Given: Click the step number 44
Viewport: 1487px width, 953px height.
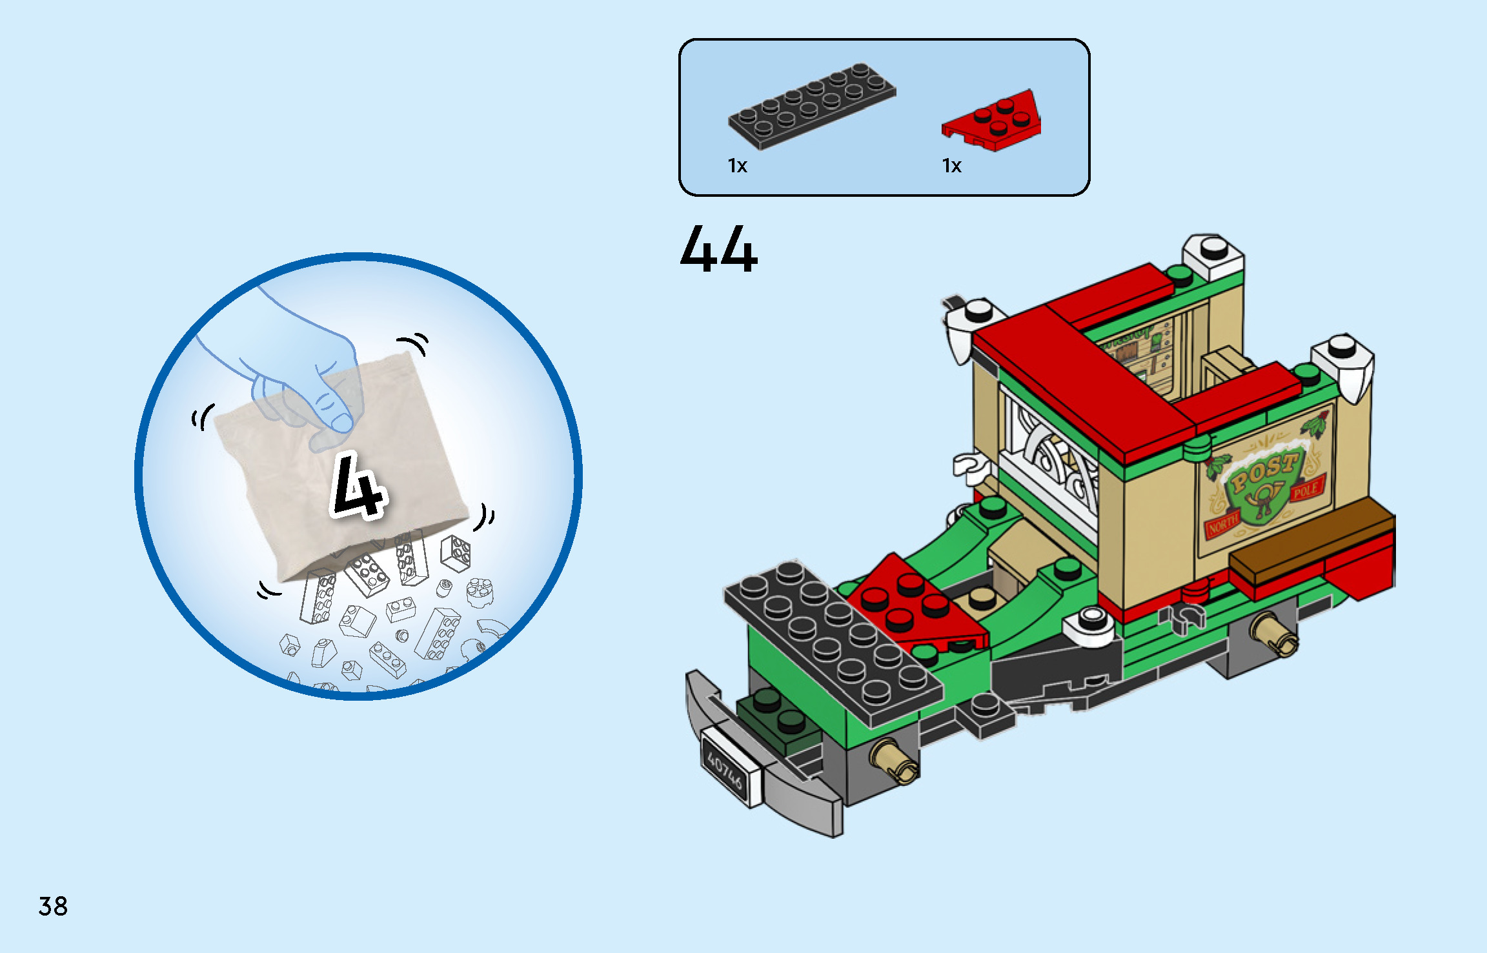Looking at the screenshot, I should (718, 249).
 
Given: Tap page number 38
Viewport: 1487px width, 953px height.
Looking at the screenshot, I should (53, 907).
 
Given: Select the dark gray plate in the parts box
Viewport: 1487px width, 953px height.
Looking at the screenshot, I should (812, 105).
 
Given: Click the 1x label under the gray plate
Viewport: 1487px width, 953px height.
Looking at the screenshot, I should (737, 166).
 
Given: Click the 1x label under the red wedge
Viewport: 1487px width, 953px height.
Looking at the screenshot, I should (951, 166).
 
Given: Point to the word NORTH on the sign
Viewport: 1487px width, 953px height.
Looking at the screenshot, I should (1223, 525).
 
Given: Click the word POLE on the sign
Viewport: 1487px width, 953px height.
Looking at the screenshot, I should (1306, 490).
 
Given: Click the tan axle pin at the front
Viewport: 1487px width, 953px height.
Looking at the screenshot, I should (894, 761).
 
